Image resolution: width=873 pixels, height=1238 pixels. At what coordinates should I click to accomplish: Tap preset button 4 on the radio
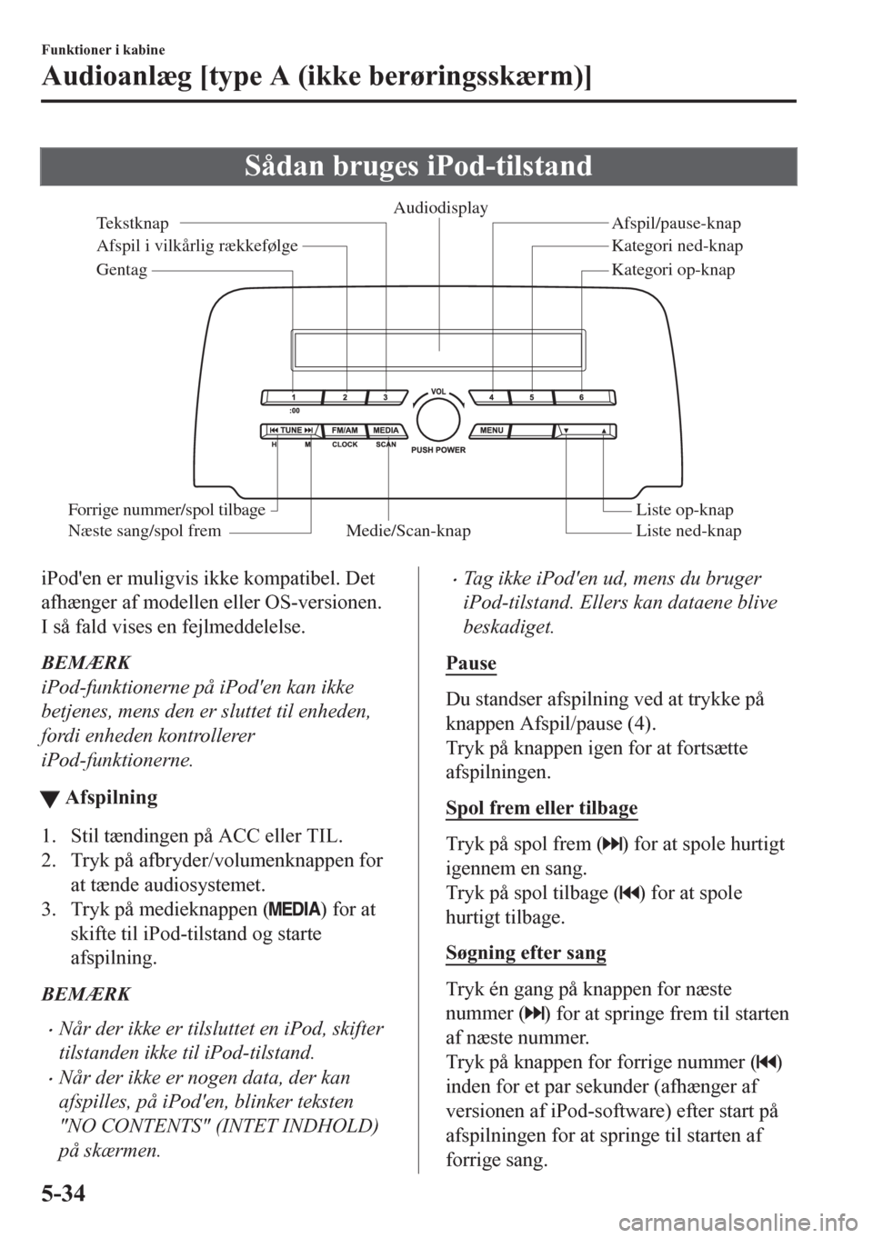490,397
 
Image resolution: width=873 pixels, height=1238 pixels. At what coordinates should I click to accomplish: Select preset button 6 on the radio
580,397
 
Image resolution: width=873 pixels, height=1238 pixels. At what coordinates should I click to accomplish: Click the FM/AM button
344,430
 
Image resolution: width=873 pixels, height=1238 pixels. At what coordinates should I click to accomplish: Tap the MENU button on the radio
492,430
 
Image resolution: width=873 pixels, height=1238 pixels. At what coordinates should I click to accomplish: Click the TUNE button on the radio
291,430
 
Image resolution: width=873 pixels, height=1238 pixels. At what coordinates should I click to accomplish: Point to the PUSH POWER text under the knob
438,450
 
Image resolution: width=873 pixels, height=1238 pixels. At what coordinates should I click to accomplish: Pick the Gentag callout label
121,271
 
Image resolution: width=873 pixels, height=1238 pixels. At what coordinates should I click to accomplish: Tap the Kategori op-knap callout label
673,270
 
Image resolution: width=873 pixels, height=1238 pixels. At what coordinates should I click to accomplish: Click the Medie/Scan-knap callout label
408,532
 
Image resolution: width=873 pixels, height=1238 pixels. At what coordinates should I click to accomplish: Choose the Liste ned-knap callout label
688,532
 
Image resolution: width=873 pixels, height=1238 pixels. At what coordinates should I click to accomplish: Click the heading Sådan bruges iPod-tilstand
436,167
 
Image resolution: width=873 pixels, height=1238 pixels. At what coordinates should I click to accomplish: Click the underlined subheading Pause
472,664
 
